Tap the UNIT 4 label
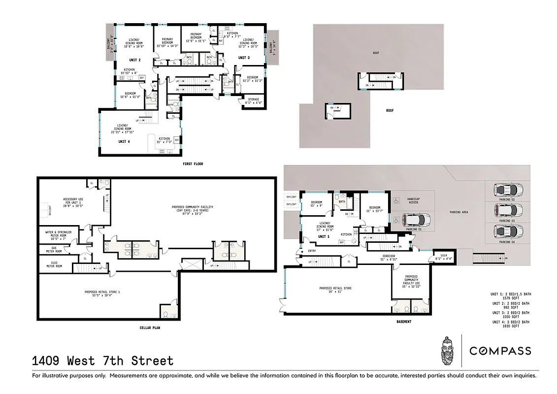click(x=124, y=142)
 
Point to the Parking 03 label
click(x=507, y=221)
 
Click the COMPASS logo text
click(x=500, y=351)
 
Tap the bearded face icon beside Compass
click(x=447, y=350)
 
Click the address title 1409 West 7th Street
click(x=102, y=361)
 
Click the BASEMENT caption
click(x=403, y=322)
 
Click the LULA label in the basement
click(x=443, y=257)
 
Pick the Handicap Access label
click(x=413, y=200)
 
